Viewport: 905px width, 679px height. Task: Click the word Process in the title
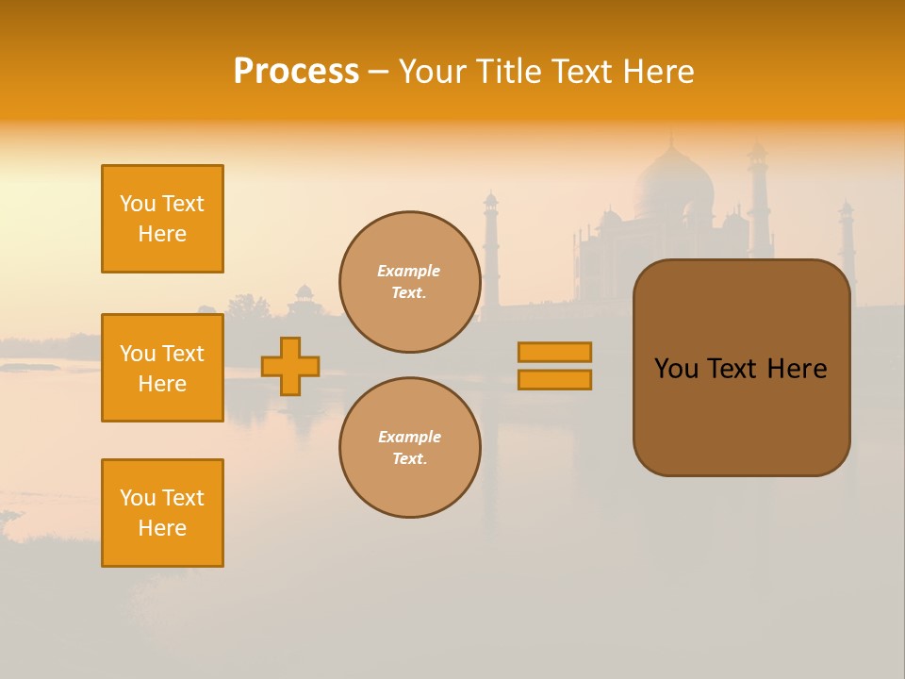(x=296, y=72)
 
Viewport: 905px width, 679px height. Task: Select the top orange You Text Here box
(x=162, y=219)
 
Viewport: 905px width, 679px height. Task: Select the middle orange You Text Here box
(x=162, y=368)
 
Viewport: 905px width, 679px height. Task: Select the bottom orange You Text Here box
(x=162, y=513)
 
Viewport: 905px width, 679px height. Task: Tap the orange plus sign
(x=290, y=366)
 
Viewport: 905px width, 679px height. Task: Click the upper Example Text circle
(x=409, y=282)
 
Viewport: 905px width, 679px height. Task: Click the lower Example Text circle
(x=409, y=448)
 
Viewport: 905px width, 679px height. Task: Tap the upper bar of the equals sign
(x=555, y=352)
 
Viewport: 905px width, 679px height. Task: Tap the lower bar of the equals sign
(x=555, y=379)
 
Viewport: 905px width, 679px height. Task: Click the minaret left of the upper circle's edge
(x=490, y=245)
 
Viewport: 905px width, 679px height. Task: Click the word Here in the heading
(x=658, y=72)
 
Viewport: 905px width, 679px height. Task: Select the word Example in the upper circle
(x=408, y=271)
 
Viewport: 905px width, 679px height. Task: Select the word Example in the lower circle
(x=409, y=437)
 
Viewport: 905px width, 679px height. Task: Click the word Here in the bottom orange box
(x=162, y=528)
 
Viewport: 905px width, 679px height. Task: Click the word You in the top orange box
(x=138, y=204)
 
